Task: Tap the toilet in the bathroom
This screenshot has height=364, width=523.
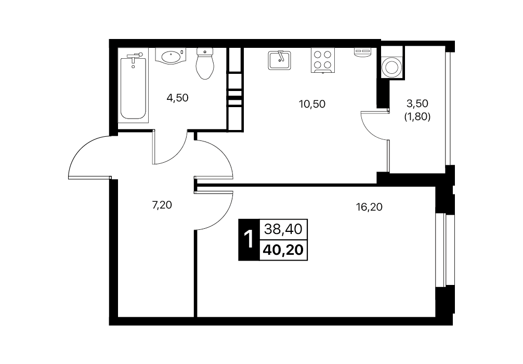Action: pyautogui.click(x=205, y=63)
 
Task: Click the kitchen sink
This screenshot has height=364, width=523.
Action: pyautogui.click(x=279, y=60)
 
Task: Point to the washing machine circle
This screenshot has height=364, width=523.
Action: pyautogui.click(x=392, y=67)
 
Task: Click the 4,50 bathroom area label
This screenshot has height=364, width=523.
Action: pyautogui.click(x=177, y=98)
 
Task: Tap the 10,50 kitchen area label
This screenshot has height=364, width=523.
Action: pyautogui.click(x=312, y=104)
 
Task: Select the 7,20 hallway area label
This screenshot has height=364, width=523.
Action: pyautogui.click(x=162, y=205)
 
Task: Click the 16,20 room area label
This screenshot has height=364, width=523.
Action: pyautogui.click(x=369, y=207)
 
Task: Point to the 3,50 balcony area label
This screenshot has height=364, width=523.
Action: pyautogui.click(x=417, y=103)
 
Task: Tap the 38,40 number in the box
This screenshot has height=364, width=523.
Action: pyautogui.click(x=283, y=229)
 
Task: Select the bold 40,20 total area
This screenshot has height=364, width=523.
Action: pyautogui.click(x=283, y=250)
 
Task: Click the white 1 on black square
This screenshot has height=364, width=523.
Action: pyautogui.click(x=249, y=240)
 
